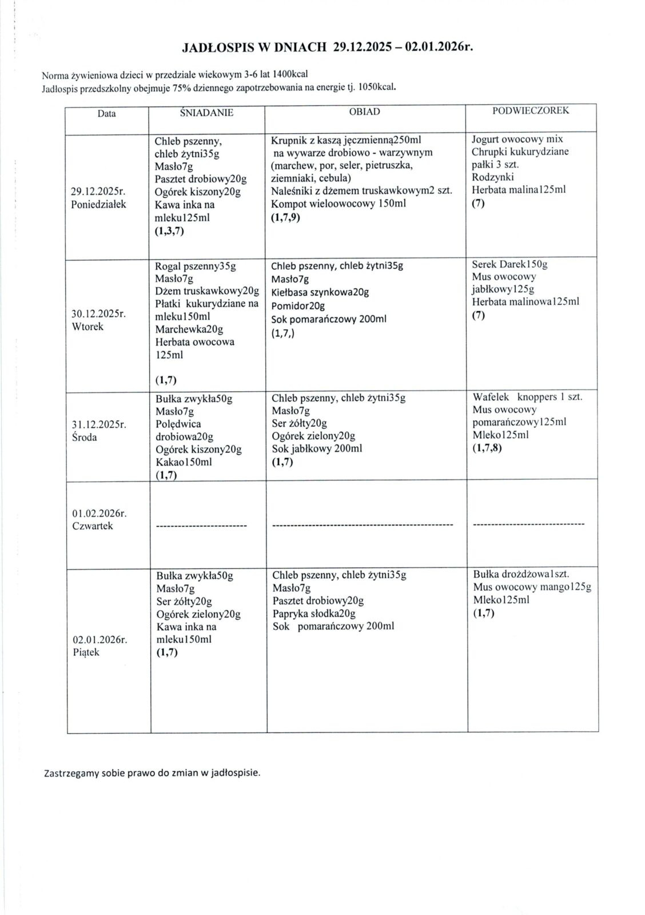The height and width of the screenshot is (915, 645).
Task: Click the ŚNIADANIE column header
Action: coord(206,113)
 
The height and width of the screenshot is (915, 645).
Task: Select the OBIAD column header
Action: coord(364,112)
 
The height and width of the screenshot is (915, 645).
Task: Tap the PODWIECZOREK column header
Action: coord(531,110)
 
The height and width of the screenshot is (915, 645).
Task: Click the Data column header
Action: coord(106,113)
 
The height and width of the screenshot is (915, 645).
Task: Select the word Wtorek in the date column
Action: coord(88,327)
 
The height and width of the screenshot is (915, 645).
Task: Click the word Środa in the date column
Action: coord(85,437)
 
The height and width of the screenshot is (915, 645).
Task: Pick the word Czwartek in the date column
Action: coord(93,526)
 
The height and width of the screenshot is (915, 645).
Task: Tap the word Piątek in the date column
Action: coord(86,653)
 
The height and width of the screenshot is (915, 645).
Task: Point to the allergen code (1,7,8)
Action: coord(487,448)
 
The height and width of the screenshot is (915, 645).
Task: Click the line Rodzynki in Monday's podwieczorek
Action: coord(493,177)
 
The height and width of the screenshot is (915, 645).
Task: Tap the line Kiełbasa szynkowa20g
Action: coord(320,292)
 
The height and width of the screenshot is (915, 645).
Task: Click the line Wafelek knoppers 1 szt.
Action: coord(527,397)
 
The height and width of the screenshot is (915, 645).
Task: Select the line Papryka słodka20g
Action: coord(314,614)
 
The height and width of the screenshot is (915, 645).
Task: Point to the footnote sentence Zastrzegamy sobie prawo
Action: coord(152,773)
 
